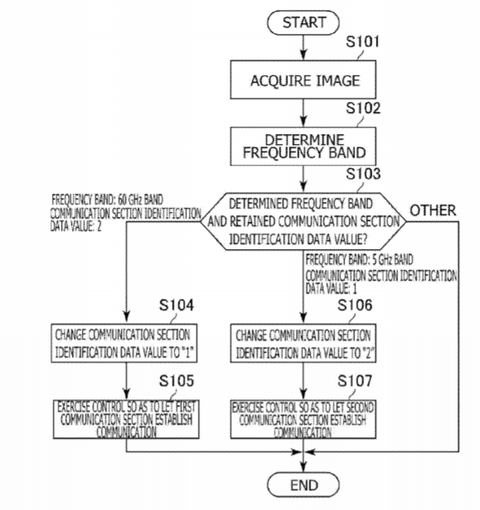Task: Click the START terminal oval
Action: click(303, 22)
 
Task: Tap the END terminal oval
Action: click(303, 485)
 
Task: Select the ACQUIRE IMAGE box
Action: click(303, 79)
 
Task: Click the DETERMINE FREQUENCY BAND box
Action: click(303, 146)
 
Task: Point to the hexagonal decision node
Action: click(303, 221)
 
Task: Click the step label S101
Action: click(362, 41)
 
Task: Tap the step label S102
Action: click(363, 108)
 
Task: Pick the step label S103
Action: click(363, 174)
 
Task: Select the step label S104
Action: click(176, 305)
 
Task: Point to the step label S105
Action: click(176, 381)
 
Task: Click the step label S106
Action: click(355, 305)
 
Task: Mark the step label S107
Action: click(355, 381)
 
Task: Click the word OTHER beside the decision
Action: click(433, 210)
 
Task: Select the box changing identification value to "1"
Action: click(124, 343)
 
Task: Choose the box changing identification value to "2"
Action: click(303, 343)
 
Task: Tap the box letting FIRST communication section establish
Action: click(126, 419)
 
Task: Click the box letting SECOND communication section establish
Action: click(303, 419)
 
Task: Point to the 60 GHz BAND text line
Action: click(108, 200)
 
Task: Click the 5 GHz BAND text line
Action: click(359, 260)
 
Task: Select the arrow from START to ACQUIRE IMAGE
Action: click(303, 47)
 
